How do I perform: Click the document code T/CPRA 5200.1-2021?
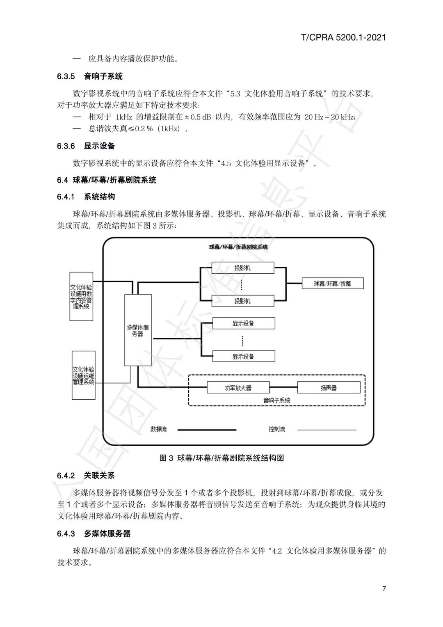[343, 38]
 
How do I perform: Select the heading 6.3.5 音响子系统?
[90, 76]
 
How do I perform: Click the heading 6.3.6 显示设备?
[86, 146]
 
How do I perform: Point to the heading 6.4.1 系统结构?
[86, 197]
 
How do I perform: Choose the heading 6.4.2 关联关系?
[86, 476]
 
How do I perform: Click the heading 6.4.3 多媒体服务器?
[94, 533]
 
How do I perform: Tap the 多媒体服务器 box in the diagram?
[138, 330]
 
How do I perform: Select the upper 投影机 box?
[242, 268]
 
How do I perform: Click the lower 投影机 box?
[242, 301]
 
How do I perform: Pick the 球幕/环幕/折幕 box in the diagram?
[332, 283]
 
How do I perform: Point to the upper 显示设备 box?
[243, 323]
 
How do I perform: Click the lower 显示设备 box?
[243, 356]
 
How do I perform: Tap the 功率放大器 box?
[238, 387]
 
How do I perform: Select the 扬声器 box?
[329, 387]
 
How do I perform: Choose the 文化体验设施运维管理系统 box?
[83, 375]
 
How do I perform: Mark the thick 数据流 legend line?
[207, 430]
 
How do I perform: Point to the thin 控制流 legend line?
[327, 430]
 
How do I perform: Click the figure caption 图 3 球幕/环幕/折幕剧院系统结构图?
[221, 458]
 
